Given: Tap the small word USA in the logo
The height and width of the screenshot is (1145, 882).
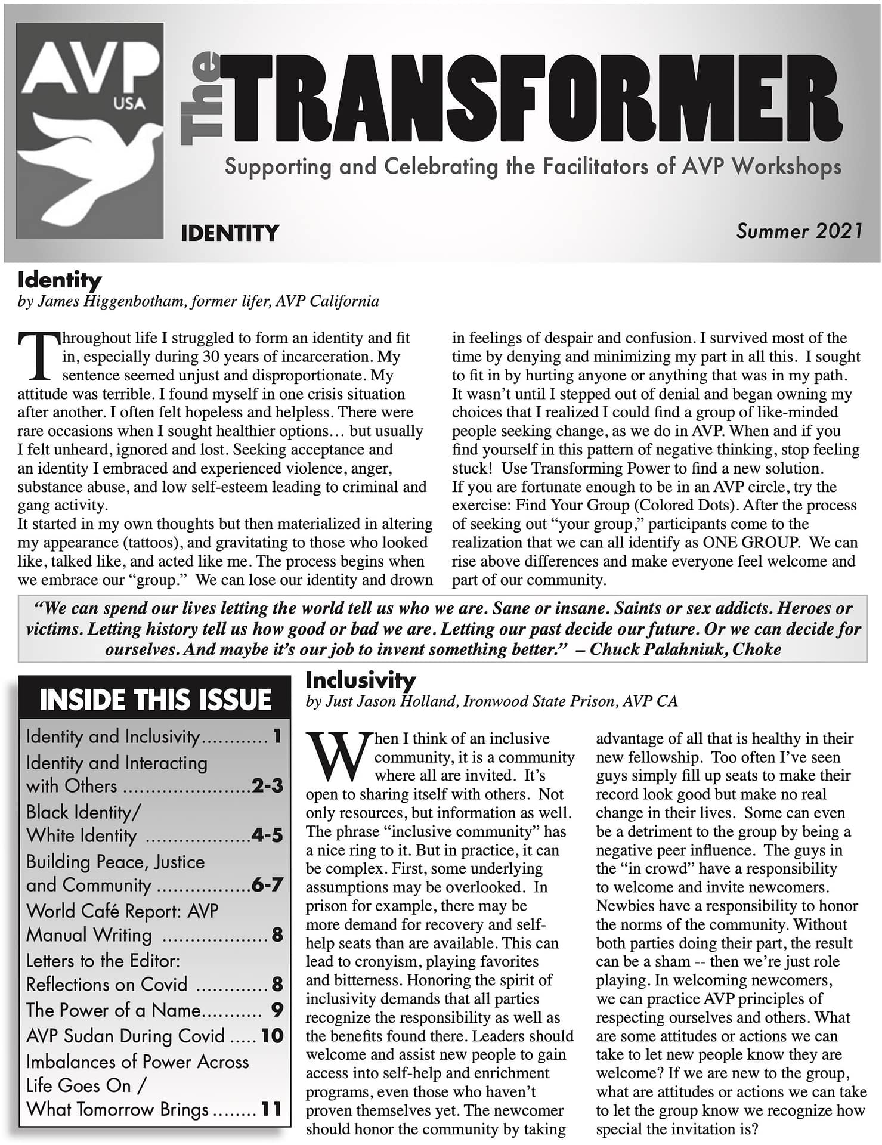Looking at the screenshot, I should (129, 103).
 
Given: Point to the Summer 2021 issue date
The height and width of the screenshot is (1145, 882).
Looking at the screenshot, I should (799, 231).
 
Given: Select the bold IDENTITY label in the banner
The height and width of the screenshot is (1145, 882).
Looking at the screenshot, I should (230, 233).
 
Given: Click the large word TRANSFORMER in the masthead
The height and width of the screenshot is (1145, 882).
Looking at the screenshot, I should (531, 98).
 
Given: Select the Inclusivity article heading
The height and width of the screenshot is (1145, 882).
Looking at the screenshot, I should (360, 680).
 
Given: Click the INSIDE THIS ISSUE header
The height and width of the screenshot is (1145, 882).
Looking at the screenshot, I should (155, 699).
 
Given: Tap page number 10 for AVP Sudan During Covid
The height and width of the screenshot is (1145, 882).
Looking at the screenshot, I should (272, 1035).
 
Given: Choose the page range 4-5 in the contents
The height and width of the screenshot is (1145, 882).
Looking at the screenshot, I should (267, 835).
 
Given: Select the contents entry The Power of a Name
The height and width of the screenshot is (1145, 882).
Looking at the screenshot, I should (113, 1010).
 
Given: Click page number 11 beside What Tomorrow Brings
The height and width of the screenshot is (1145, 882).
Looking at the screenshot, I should (271, 1109).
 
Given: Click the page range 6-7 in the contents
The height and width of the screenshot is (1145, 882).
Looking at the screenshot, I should (267, 884).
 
